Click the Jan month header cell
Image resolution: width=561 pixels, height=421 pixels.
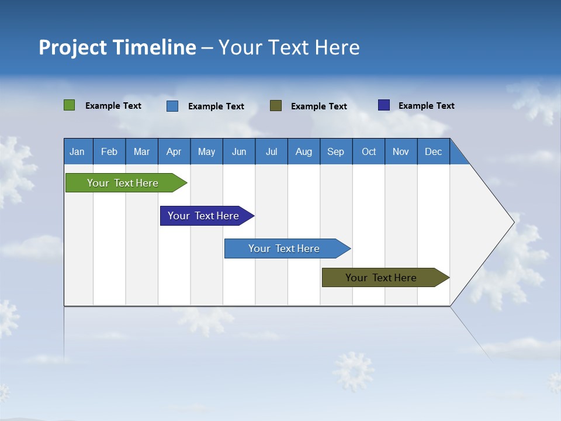point(78,151)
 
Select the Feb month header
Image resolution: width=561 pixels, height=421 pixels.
point(109,151)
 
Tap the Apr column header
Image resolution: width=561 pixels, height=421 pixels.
point(174,151)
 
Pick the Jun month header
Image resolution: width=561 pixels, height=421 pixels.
point(239,151)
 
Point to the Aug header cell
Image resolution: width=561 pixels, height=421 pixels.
point(304,151)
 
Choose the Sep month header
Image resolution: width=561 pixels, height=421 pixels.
point(336,151)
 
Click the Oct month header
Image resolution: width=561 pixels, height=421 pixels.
point(369,151)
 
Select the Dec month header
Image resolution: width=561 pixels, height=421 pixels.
point(434,151)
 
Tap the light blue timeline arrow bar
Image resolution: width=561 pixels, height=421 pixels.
point(285,249)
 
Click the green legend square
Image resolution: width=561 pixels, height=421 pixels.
point(70,105)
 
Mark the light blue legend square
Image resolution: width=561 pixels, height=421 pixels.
point(172,106)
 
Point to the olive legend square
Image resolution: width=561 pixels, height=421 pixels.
point(276,105)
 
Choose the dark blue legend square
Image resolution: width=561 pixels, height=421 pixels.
point(384,105)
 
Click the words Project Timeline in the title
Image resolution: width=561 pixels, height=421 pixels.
point(117,47)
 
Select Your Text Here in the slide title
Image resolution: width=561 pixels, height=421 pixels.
point(289,47)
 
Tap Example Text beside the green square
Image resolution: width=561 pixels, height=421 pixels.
point(113,106)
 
